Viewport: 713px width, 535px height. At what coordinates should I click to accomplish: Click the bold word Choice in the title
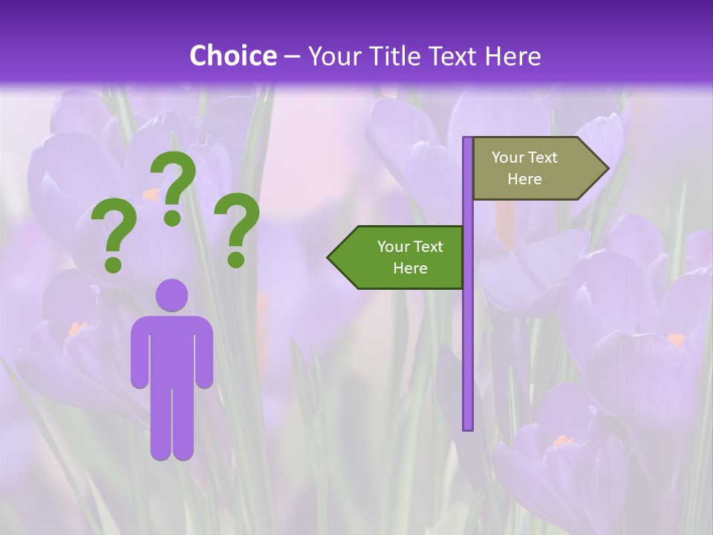(x=232, y=56)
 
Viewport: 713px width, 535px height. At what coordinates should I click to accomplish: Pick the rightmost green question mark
(x=237, y=229)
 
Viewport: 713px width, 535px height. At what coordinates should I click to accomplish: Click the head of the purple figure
(x=172, y=295)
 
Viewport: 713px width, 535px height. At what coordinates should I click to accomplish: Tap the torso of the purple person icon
(x=172, y=349)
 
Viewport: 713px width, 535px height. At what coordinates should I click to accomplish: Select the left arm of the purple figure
(x=139, y=353)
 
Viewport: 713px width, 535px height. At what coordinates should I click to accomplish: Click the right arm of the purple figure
(x=205, y=353)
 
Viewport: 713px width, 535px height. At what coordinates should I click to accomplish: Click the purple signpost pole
(x=468, y=334)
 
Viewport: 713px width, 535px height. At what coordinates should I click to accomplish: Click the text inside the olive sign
(x=524, y=168)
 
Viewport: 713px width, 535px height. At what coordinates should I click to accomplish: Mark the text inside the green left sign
(x=410, y=257)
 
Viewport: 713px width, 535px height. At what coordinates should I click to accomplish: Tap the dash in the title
(x=292, y=56)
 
